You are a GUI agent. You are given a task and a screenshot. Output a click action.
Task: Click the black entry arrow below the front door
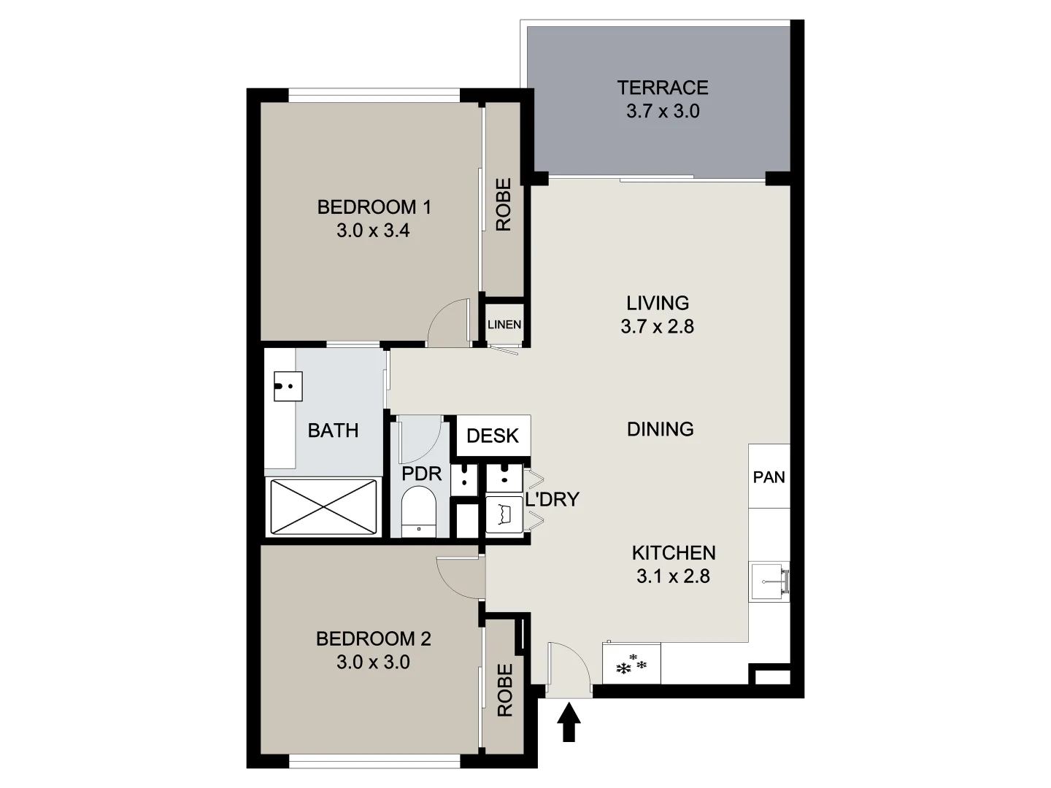[569, 723]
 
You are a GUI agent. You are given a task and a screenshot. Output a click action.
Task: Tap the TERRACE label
[662, 88]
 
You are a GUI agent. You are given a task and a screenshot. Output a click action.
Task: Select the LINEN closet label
[504, 324]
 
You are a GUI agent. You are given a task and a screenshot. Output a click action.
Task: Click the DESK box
[493, 436]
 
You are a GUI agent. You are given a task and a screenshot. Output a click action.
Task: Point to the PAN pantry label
[769, 477]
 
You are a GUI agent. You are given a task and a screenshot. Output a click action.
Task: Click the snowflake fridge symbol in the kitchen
[631, 665]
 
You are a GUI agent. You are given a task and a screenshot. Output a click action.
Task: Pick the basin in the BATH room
[288, 386]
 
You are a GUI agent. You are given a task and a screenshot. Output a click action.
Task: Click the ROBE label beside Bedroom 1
[504, 205]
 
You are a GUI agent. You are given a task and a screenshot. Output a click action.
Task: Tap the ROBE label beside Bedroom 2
[504, 690]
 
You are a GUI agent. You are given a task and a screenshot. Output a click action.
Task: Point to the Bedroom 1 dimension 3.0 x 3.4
[373, 231]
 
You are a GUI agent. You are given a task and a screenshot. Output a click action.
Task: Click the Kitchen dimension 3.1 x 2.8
[673, 576]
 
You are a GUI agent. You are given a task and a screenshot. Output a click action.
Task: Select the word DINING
[660, 429]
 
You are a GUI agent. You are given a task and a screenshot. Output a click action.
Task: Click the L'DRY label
[552, 500]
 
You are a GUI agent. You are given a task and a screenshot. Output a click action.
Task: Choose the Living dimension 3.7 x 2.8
[657, 326]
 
